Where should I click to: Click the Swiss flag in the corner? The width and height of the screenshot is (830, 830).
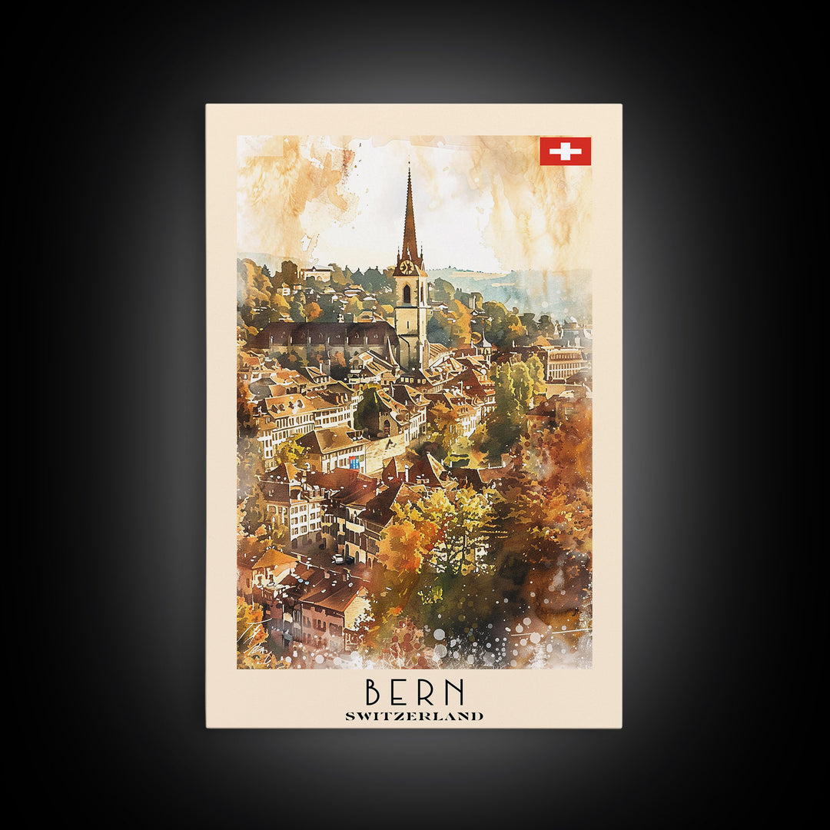565,151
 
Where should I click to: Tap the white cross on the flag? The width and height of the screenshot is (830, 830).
565,151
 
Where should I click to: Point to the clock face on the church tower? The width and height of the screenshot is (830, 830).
407,267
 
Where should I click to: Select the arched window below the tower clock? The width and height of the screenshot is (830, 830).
407,293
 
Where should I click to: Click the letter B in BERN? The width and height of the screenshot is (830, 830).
373,692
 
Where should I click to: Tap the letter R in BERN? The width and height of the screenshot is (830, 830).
429,692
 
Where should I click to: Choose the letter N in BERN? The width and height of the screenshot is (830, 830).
455,692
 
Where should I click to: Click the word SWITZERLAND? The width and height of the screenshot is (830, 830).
414,716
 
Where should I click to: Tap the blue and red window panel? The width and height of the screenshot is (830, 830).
354,462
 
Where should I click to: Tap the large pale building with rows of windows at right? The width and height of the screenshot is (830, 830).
566,364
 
